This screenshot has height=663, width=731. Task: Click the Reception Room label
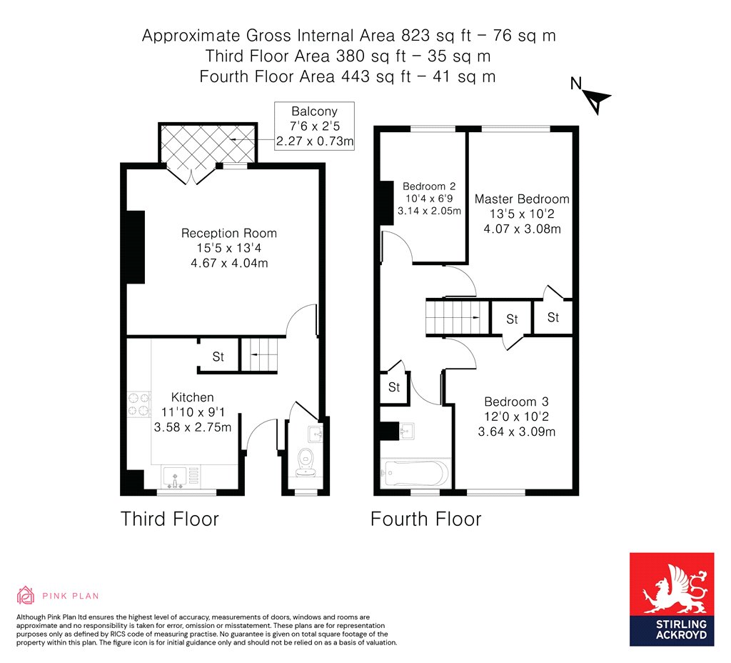click(228, 233)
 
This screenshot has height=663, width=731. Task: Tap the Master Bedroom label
click(522, 199)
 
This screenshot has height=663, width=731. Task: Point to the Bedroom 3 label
click(516, 402)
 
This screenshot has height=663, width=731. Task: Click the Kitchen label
click(192, 397)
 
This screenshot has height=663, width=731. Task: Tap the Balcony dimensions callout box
click(314, 126)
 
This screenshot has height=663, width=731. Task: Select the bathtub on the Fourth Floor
click(415, 473)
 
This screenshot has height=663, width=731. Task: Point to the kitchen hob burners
click(138, 405)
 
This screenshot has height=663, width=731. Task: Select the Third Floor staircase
click(258, 354)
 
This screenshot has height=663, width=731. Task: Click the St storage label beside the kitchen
click(218, 357)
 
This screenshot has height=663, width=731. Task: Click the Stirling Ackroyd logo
click(671, 599)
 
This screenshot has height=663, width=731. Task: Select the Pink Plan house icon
click(26, 595)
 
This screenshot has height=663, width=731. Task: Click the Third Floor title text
click(169, 518)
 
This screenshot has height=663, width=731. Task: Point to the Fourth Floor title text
click(425, 518)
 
